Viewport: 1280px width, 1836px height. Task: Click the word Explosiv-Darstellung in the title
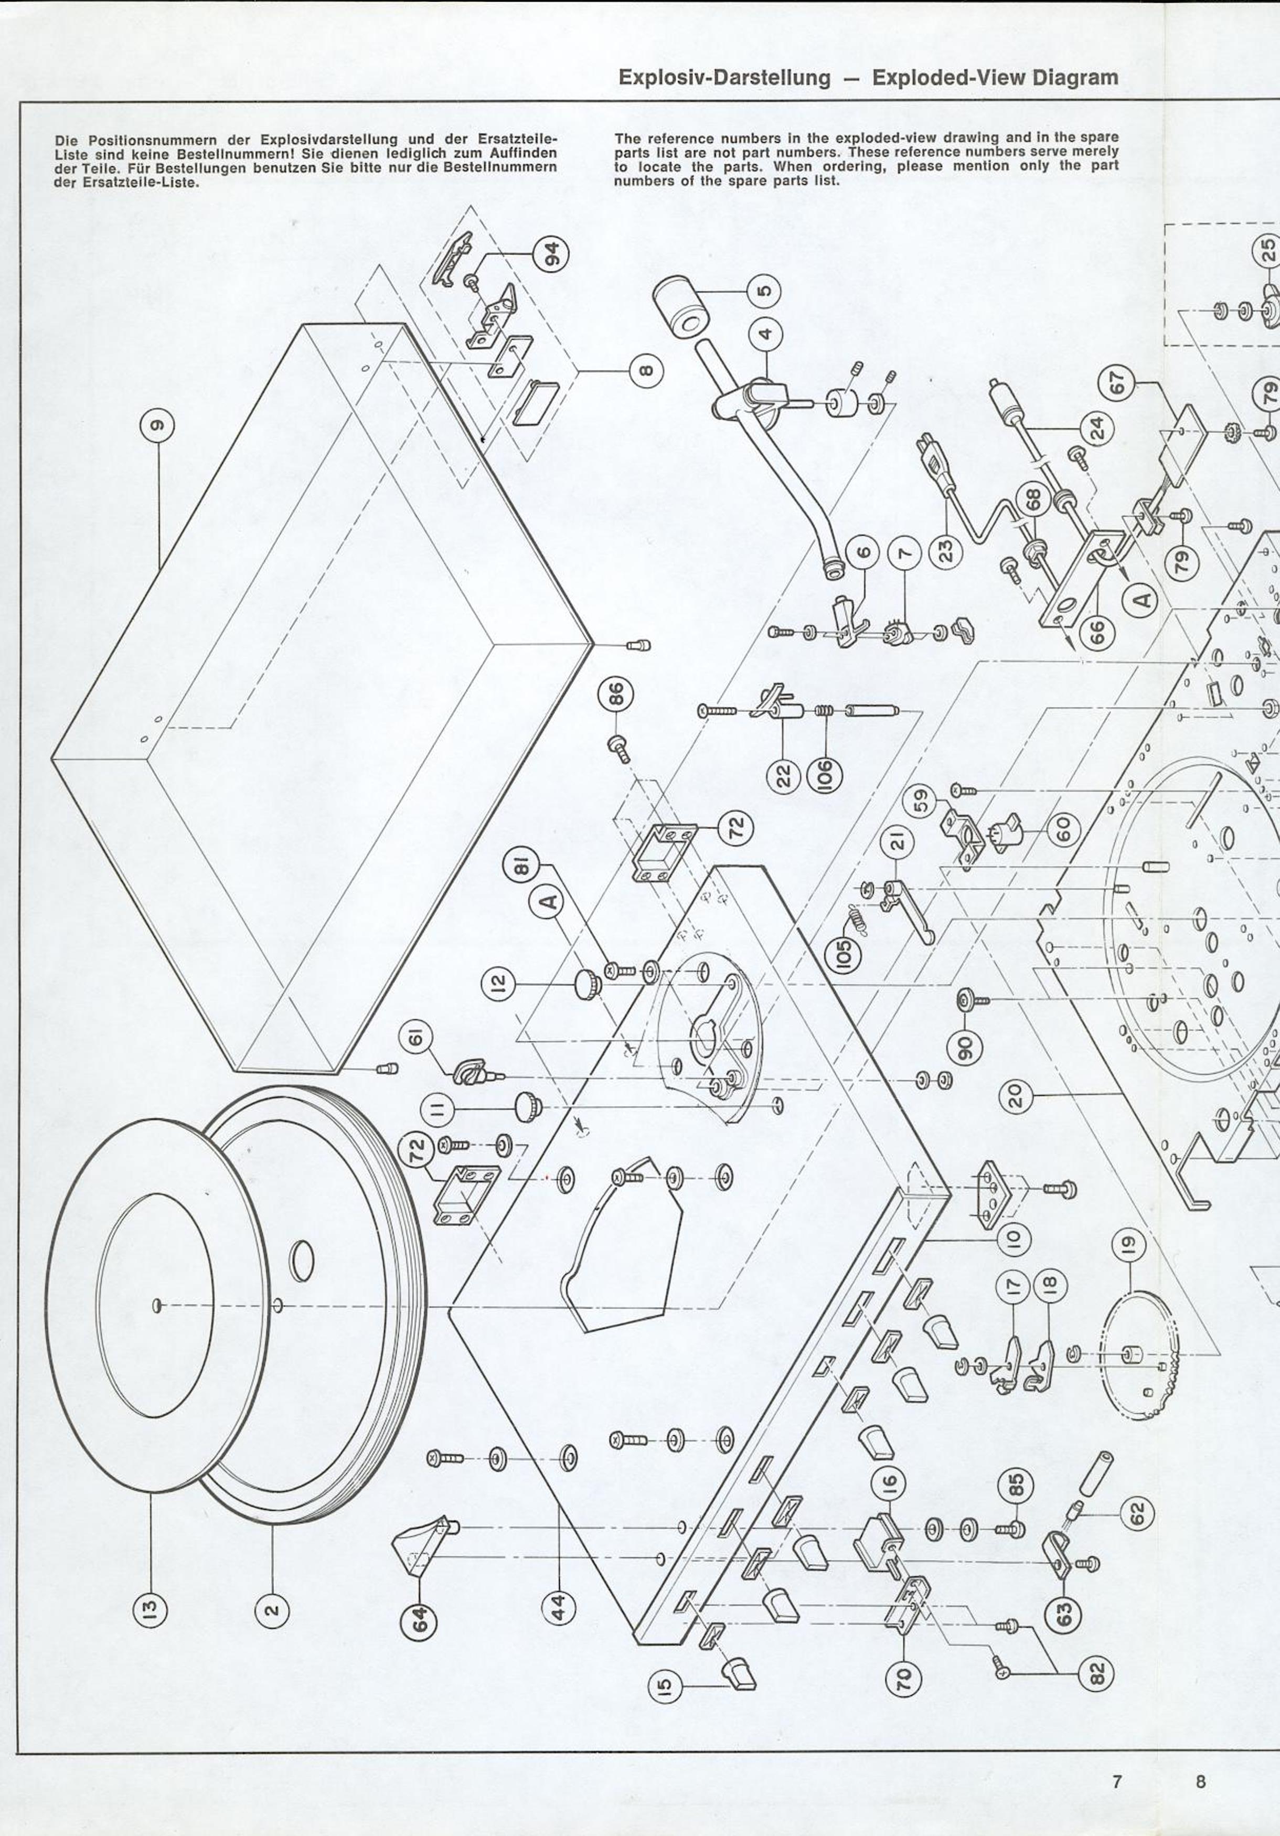(724, 78)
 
